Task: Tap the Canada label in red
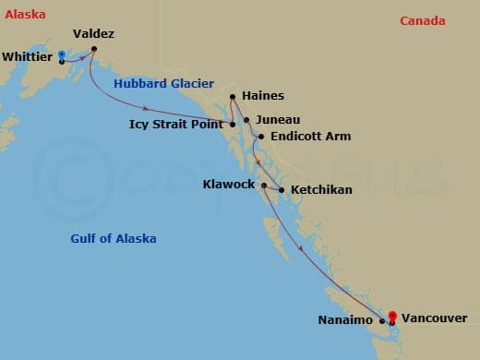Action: pos(422,21)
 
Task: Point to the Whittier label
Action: pos(28,57)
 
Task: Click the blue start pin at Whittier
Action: pos(61,55)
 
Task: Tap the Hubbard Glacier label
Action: pos(163,84)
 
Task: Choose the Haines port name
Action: pos(262,95)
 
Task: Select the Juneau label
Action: pos(277,120)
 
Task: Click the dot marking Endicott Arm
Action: pos(261,138)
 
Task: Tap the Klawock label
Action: pos(228,185)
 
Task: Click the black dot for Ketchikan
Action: pos(282,190)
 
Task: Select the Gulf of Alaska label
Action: pos(113,238)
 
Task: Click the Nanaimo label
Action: pos(347,320)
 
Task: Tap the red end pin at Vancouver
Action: pos(391,317)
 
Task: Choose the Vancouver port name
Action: pos(434,318)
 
